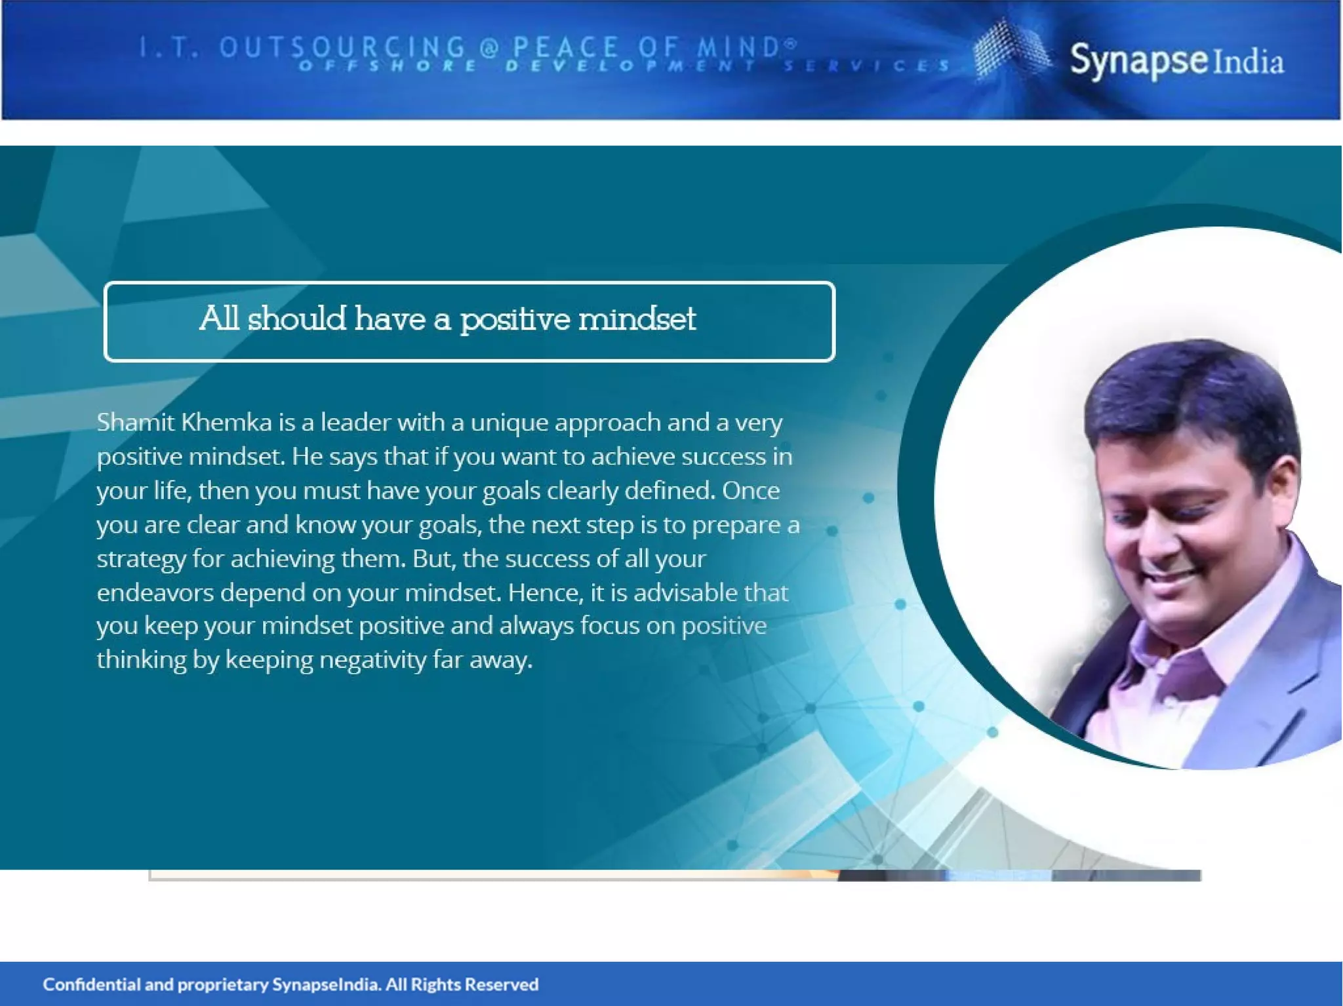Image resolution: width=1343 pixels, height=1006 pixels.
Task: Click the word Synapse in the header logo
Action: pos(1138,60)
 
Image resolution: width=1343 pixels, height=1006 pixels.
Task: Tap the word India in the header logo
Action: pos(1249,63)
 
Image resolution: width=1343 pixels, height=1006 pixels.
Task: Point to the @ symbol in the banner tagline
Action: pos(489,47)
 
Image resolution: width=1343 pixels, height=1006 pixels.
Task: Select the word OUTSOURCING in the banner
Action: pos(342,47)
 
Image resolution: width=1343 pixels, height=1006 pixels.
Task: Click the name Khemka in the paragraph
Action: pos(226,422)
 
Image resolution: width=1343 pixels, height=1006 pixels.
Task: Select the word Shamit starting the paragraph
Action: pos(136,422)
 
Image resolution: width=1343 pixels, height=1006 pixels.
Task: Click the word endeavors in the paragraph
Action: pos(155,592)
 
